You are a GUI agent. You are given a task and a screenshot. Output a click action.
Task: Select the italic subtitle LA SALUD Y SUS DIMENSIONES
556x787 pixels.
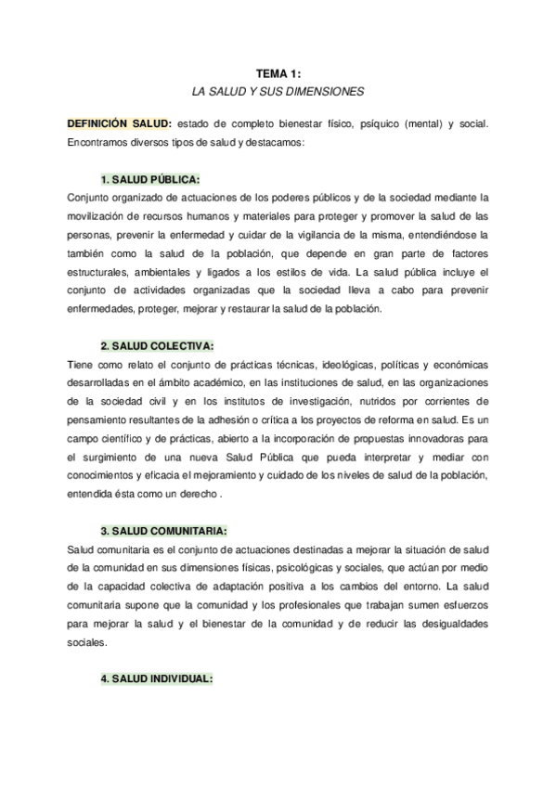pyautogui.click(x=278, y=92)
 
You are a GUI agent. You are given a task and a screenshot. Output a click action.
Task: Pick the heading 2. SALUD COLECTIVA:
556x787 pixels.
pyautogui.click(x=157, y=345)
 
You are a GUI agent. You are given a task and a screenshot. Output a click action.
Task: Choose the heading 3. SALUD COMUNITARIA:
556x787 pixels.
pyautogui.click(x=163, y=531)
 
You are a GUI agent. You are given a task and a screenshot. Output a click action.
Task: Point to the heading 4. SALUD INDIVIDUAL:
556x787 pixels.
pyautogui.click(x=157, y=678)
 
